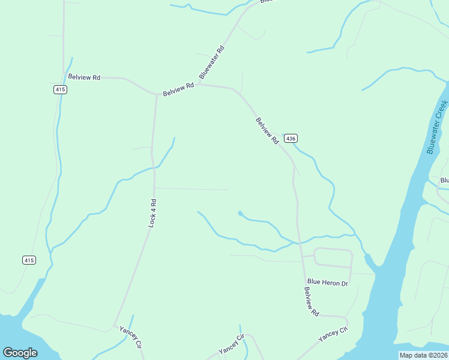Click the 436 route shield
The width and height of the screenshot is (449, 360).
(x=291, y=139)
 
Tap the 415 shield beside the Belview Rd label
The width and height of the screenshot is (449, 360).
(x=59, y=89)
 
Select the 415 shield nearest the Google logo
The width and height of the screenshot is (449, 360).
(x=29, y=260)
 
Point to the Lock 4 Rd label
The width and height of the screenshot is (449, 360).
(x=152, y=212)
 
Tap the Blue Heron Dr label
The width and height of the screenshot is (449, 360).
(x=327, y=282)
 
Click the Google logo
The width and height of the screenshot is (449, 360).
(x=20, y=353)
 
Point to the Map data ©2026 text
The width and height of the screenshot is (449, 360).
(x=423, y=355)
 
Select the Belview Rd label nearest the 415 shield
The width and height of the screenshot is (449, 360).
(x=84, y=77)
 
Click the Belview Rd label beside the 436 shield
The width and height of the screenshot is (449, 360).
(x=267, y=130)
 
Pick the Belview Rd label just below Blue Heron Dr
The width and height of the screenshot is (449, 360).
(x=311, y=302)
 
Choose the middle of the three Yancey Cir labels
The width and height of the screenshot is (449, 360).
(x=231, y=344)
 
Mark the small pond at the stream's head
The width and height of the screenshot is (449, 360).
(x=240, y=213)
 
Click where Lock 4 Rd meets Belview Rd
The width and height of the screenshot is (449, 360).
(x=157, y=94)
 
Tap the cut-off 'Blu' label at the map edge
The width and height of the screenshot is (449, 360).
(x=444, y=180)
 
